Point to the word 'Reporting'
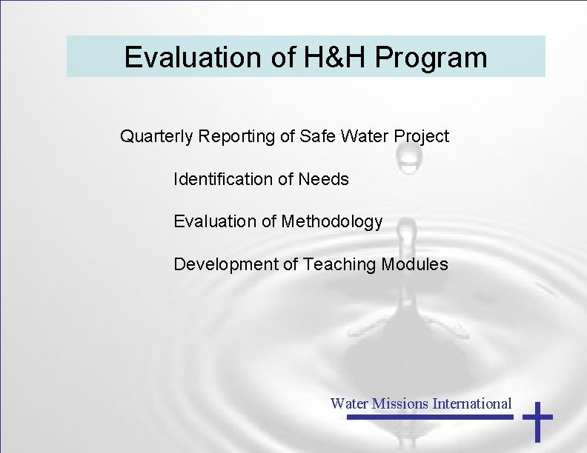(x=225, y=137)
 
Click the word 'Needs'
(x=323, y=179)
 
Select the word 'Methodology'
(x=332, y=221)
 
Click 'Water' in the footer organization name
(x=349, y=403)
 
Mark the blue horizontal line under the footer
(x=430, y=417)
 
